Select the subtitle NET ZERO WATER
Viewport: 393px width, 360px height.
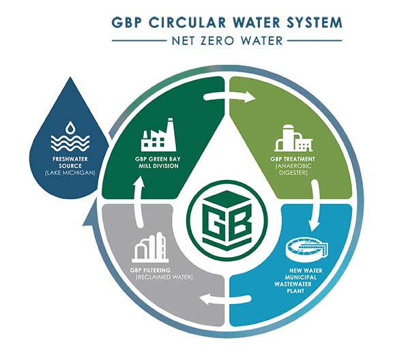[x=227, y=41]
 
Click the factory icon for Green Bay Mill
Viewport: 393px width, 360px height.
[x=159, y=135]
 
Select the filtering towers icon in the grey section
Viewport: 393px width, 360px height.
[x=149, y=247]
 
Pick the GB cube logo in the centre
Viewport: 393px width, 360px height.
[x=227, y=221]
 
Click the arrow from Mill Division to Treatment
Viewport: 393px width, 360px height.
[x=229, y=97]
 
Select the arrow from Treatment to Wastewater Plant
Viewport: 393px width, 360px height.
[x=315, y=205]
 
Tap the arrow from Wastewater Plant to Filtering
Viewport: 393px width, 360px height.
[x=225, y=299]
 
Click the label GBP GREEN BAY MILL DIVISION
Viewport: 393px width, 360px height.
[x=158, y=162]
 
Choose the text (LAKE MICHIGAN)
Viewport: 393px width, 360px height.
[x=70, y=173]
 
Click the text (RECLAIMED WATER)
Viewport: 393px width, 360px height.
[x=164, y=277]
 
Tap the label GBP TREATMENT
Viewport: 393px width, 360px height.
[x=293, y=159]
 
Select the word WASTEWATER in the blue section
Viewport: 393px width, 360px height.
[x=293, y=284]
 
